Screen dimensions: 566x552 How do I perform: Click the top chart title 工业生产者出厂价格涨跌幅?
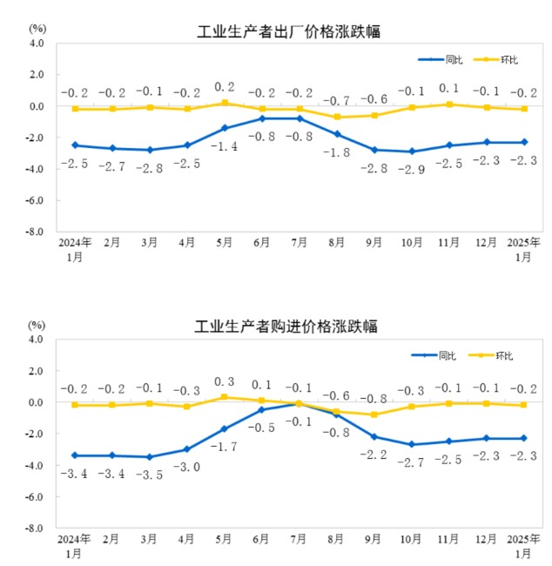[x=290, y=32]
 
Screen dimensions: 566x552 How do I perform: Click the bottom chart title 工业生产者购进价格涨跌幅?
[x=290, y=327]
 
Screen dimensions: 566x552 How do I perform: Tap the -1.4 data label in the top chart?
[x=225, y=146]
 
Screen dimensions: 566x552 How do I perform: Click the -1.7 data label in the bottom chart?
[x=225, y=447]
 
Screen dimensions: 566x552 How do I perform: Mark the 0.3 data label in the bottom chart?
[x=225, y=381]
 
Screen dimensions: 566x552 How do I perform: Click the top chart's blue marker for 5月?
[x=225, y=128]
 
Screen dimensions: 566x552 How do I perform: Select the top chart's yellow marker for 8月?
[x=338, y=117]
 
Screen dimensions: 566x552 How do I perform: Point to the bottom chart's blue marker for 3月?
[x=150, y=457]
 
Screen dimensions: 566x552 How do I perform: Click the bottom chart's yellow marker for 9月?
[x=374, y=414]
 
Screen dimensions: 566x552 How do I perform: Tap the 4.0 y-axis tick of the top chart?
[x=37, y=43]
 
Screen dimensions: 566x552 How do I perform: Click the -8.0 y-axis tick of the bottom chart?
[x=35, y=528]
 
